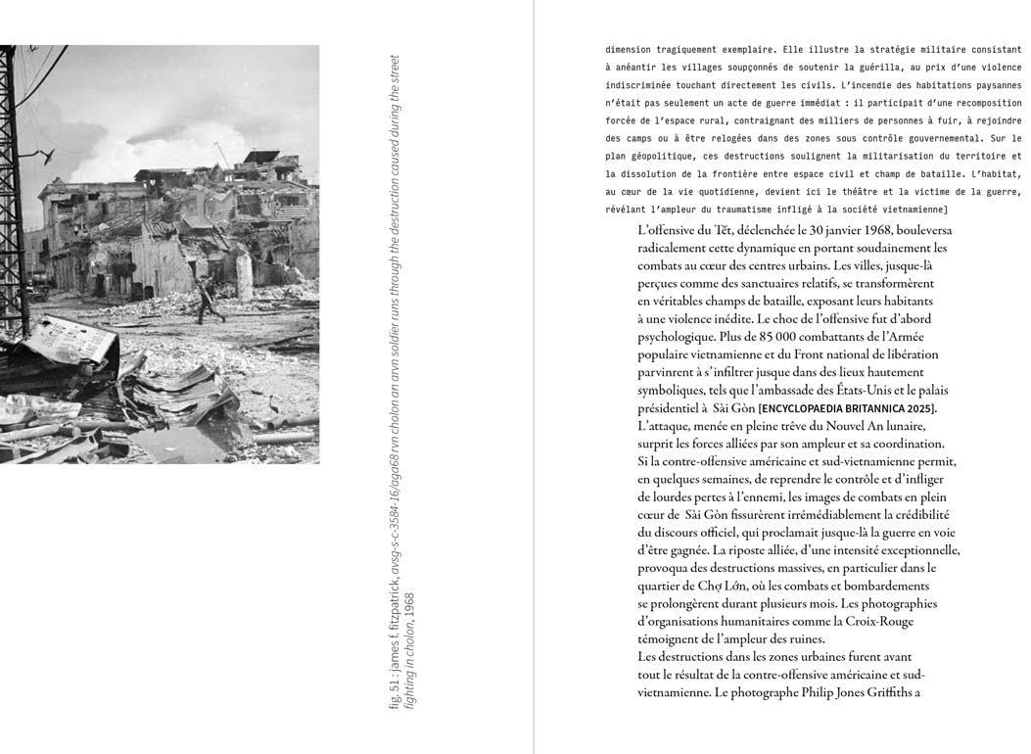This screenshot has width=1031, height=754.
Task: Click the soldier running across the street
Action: (207, 299)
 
